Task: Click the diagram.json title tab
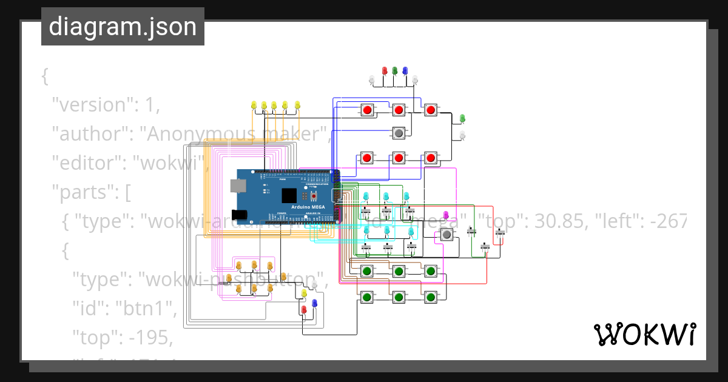click(123, 27)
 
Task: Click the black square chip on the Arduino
click(289, 195)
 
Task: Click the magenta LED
click(446, 215)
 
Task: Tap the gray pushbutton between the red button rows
click(399, 132)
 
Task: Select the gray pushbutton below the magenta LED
click(447, 235)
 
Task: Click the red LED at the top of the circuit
click(384, 71)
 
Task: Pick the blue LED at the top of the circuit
click(405, 71)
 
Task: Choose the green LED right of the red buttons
click(462, 118)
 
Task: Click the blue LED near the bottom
click(314, 303)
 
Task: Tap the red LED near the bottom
click(304, 310)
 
